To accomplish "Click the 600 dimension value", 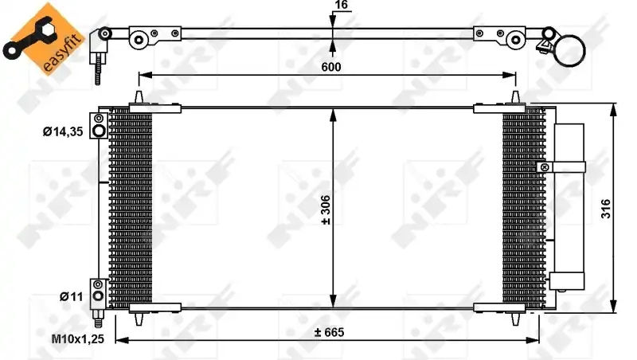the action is point(331,67).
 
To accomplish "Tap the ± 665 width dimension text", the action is point(329,332).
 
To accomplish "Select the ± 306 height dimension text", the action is point(326,210).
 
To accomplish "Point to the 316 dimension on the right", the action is point(605,209).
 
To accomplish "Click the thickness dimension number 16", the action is point(342,5).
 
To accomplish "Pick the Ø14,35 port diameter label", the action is point(63,131).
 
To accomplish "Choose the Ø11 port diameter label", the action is point(71,296).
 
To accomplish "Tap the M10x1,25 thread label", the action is point(77,338).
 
